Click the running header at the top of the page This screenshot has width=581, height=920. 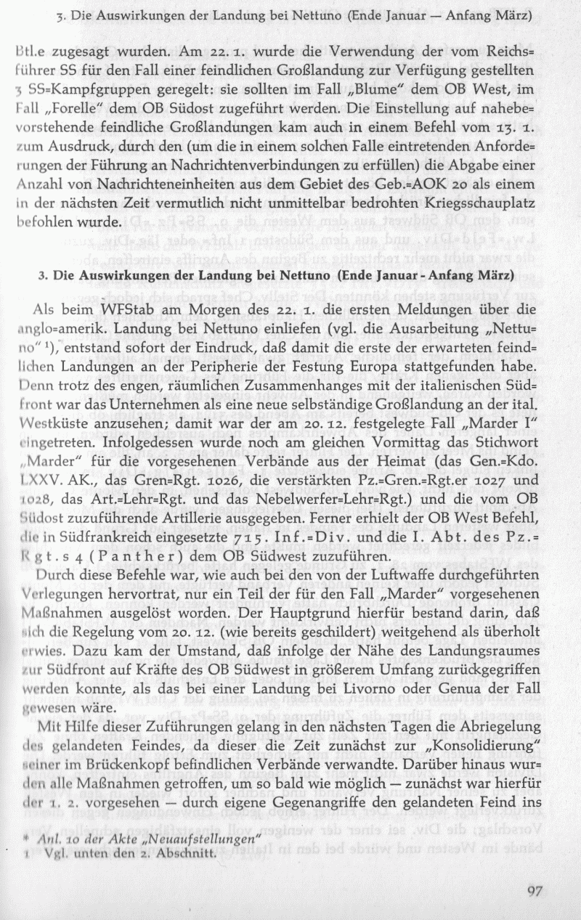coord(294,15)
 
